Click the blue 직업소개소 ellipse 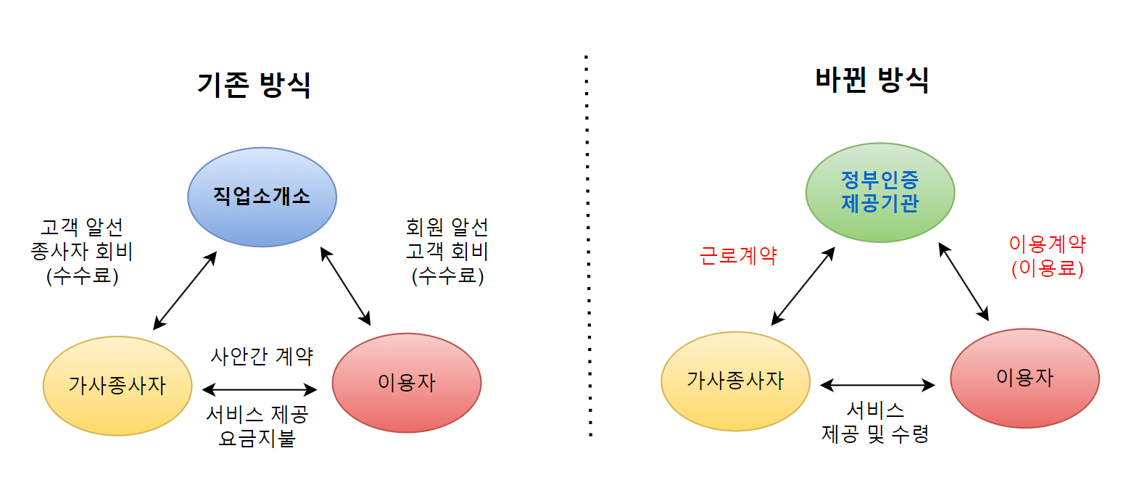(262, 197)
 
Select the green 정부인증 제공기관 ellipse (880, 192)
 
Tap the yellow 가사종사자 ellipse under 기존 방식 (117, 386)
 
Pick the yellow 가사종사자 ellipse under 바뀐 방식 (735, 381)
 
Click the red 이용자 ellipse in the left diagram (406, 383)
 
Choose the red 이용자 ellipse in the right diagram (1025, 378)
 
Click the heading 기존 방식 (254, 85)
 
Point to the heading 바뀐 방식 (872, 80)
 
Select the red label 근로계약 (737, 255)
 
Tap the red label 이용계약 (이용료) (1047, 256)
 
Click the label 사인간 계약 (262, 356)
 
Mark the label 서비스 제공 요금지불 (257, 426)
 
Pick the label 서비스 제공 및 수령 (875, 422)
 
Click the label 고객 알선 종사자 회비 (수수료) (82, 252)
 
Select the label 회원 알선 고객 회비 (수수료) (447, 252)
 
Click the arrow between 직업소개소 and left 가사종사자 (185, 291)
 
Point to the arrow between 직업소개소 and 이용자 (345, 286)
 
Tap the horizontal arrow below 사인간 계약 (260, 389)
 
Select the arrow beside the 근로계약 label (803, 286)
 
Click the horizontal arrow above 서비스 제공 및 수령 (877, 385)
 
